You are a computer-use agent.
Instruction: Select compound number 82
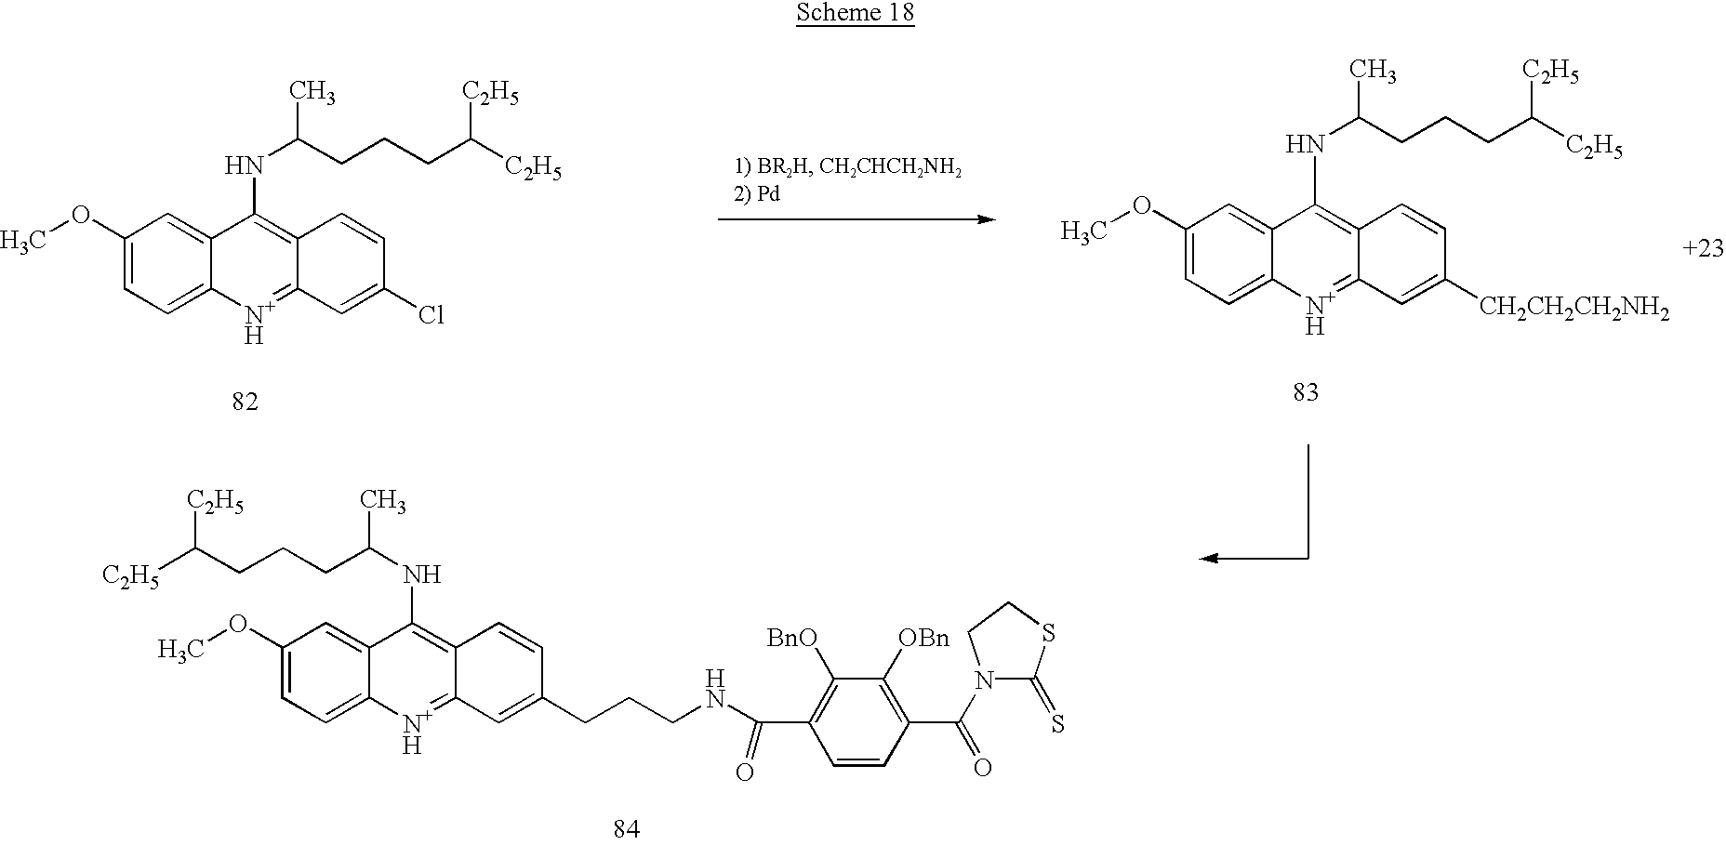pyautogui.click(x=245, y=403)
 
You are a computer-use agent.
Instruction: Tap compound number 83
pyautogui.click(x=1306, y=393)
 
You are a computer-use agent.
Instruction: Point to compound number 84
pyautogui.click(x=627, y=828)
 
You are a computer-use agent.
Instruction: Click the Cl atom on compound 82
pyautogui.click(x=431, y=316)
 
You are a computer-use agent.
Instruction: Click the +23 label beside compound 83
pyautogui.click(x=1704, y=249)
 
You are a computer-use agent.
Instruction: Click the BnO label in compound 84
pyautogui.click(x=791, y=638)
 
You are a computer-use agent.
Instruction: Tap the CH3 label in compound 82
pyautogui.click(x=312, y=93)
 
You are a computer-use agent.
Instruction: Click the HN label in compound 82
pyautogui.click(x=244, y=166)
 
